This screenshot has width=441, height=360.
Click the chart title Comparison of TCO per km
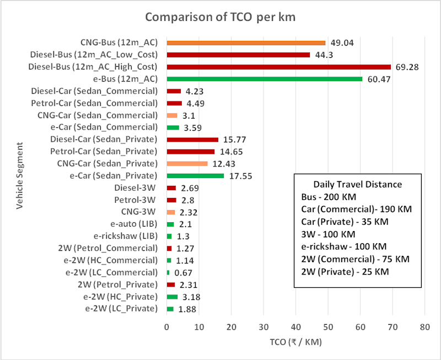tap(220, 17)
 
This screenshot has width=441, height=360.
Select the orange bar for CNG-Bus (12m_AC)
tap(246, 42)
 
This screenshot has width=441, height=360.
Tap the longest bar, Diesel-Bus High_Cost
tap(278, 67)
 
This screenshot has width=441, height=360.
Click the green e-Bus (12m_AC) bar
tap(265, 79)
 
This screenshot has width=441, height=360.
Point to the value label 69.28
tap(407, 67)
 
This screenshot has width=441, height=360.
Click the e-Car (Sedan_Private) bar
tap(195, 175)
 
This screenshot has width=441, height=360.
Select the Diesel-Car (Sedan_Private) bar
tap(192, 139)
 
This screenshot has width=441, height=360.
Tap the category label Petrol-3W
tap(136, 200)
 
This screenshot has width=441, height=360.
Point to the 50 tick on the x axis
tap(328, 326)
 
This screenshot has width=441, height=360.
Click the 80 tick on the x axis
tap(424, 326)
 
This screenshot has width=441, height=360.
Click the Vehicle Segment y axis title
tap(20, 175)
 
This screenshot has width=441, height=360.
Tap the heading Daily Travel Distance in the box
tap(357, 185)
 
